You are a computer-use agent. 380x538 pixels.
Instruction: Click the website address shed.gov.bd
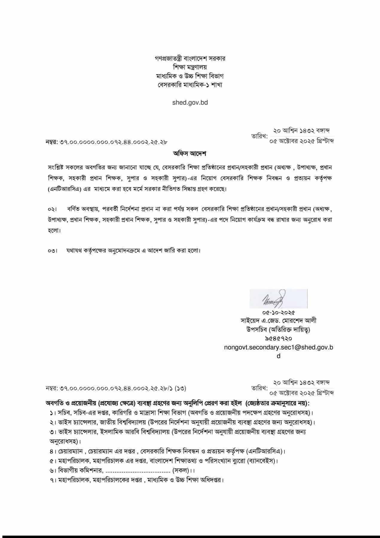(x=190, y=103)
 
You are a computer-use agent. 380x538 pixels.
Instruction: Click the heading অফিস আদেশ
(x=190, y=154)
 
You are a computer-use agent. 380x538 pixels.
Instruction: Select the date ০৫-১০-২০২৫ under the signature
(x=278, y=313)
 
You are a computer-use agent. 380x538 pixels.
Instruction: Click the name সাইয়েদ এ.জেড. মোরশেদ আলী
(x=278, y=321)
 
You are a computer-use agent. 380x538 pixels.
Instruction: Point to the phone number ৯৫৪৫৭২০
(x=278, y=338)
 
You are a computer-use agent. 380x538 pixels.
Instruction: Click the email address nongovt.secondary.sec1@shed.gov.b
(x=278, y=347)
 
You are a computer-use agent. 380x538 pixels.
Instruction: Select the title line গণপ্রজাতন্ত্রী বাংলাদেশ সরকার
(x=190, y=58)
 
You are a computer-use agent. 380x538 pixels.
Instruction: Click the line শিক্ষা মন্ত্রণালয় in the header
(x=190, y=67)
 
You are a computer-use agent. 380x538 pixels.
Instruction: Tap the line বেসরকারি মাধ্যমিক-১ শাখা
(x=190, y=85)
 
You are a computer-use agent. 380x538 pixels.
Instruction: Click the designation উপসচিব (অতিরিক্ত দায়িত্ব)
(x=278, y=330)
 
